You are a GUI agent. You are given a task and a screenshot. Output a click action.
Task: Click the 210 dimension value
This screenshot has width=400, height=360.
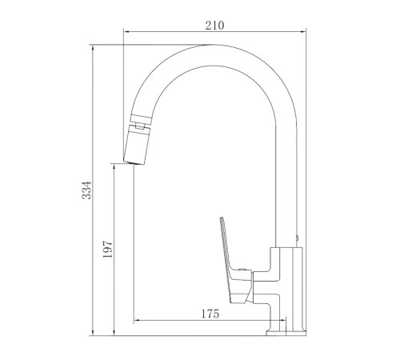(214, 26)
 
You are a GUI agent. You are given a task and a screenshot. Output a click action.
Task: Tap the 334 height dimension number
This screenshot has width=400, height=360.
(86, 190)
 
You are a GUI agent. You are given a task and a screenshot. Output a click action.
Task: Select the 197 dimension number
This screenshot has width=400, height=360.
(108, 249)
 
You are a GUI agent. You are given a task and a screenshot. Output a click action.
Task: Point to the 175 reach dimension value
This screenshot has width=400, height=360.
(210, 314)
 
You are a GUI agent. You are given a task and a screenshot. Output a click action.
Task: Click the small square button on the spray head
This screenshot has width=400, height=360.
(139, 126)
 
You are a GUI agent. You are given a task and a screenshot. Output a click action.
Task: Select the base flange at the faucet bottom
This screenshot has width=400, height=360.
(286, 333)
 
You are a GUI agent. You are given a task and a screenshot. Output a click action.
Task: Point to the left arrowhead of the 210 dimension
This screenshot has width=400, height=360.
(127, 32)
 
